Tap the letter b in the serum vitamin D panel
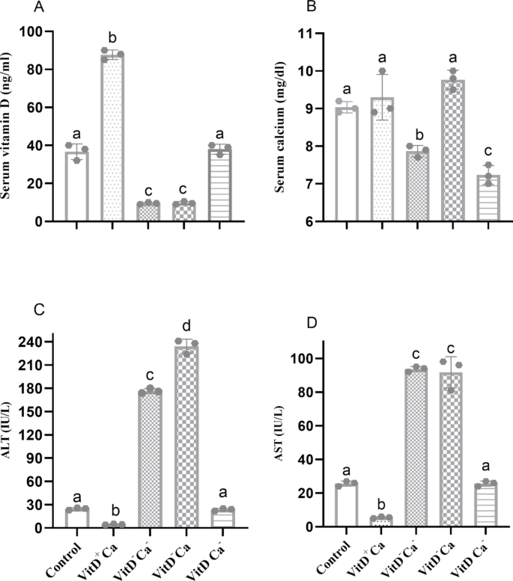[x=112, y=37]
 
